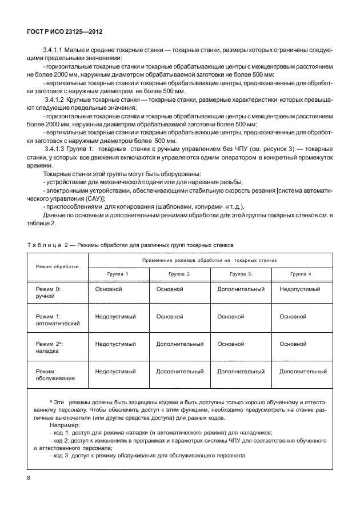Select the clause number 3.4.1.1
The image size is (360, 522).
click(55, 51)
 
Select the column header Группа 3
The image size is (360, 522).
click(241, 274)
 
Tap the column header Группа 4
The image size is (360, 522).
click(301, 274)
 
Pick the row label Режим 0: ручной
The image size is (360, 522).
click(48, 293)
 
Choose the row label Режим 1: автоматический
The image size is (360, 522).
click(57, 319)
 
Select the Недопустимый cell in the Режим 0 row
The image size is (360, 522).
click(301, 290)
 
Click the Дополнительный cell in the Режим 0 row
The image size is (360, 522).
click(241, 290)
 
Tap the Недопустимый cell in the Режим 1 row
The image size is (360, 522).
click(115, 316)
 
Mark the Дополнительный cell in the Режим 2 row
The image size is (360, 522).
click(180, 344)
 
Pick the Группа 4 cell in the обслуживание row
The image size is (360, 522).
click(303, 372)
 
